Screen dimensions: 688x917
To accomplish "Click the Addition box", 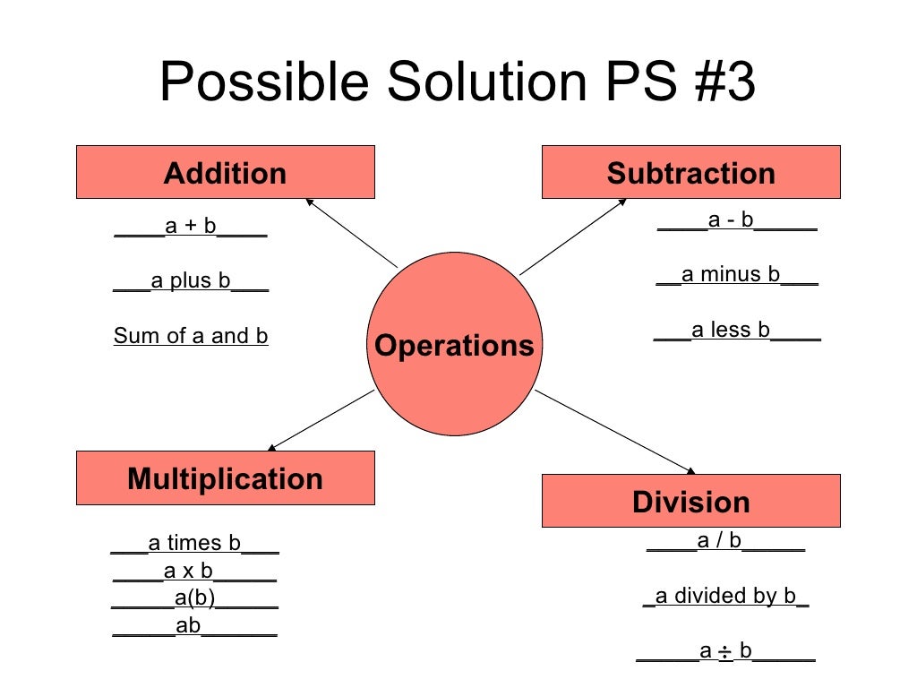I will click(225, 172).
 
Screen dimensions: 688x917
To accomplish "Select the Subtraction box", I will click(690, 172).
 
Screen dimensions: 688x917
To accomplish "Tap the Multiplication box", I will click(225, 477).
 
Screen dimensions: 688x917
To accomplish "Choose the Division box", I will click(690, 501).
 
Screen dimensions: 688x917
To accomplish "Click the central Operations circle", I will click(454, 345).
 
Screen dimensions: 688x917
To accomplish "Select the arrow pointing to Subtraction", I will click(573, 236).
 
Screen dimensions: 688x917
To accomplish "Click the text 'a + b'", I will click(191, 226).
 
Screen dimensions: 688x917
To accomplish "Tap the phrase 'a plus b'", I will click(191, 281).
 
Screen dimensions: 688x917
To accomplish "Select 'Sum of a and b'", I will click(191, 336).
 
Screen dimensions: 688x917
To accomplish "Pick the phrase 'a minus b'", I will click(731, 274).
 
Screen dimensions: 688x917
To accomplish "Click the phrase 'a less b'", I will click(731, 330).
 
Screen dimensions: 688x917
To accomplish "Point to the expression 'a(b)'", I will click(194, 598).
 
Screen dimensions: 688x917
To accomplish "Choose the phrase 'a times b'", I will click(194, 543).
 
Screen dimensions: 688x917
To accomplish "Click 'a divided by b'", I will click(725, 596).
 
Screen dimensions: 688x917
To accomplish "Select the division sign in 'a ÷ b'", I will click(725, 652).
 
